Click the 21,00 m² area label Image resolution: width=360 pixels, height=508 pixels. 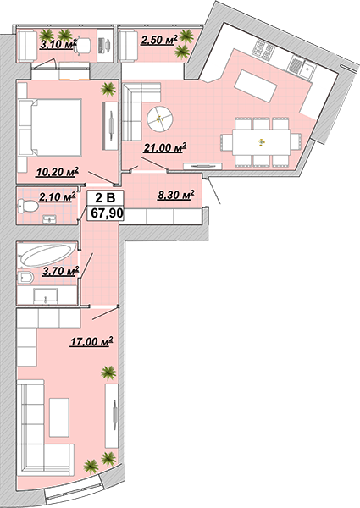click(x=165, y=147)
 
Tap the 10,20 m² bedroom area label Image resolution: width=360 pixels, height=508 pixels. click(x=58, y=172)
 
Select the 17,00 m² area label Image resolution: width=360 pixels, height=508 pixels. click(x=91, y=341)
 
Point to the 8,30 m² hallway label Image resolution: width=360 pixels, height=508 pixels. click(x=175, y=195)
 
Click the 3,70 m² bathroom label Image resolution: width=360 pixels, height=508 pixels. click(x=61, y=271)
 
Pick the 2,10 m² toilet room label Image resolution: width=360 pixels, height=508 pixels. click(x=58, y=196)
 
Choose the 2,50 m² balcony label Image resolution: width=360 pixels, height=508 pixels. click(x=159, y=40)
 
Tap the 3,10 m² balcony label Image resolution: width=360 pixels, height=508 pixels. click(x=58, y=44)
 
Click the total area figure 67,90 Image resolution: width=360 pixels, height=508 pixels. click(x=105, y=213)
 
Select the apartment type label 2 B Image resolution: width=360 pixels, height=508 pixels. click(x=105, y=197)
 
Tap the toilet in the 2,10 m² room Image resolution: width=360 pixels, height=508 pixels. click(x=28, y=206)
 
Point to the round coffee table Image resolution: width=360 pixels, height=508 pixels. click(x=160, y=119)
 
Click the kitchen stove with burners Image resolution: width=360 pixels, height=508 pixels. click(x=263, y=51)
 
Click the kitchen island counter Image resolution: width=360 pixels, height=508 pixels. click(x=256, y=86)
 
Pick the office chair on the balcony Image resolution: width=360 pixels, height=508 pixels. click(x=82, y=46)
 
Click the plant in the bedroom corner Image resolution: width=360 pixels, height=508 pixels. click(x=108, y=89)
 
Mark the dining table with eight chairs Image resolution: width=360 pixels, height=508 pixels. click(x=261, y=142)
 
